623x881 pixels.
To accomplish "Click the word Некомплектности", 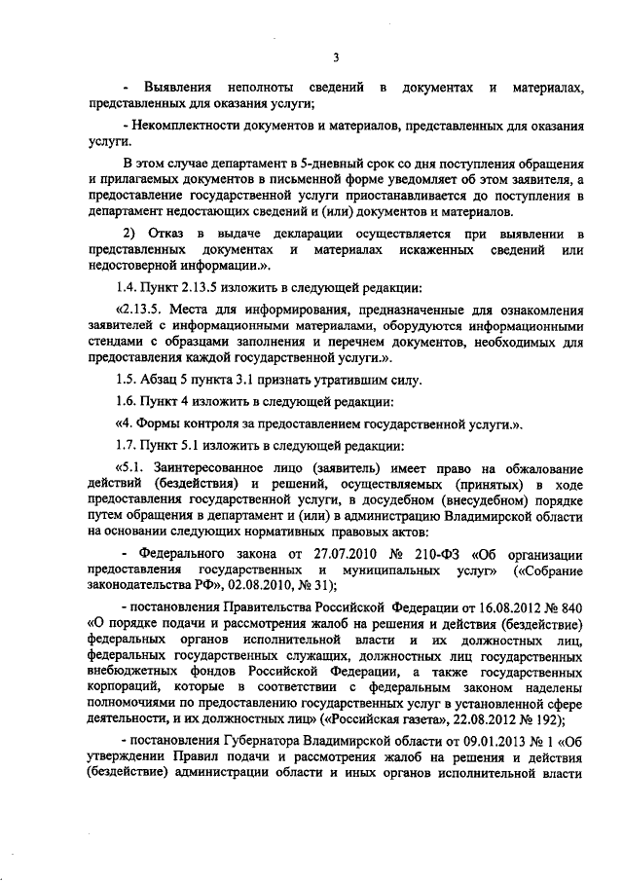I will (x=180, y=127).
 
